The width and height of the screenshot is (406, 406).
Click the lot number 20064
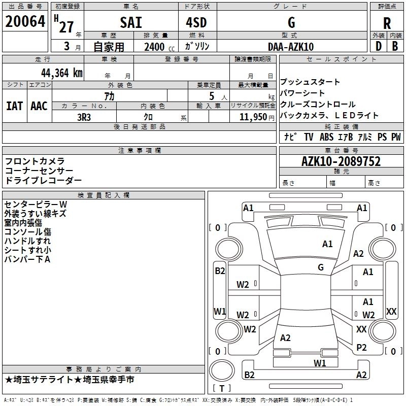[x=24, y=21]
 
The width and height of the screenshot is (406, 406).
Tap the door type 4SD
[x=197, y=23]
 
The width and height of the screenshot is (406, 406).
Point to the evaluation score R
[x=387, y=23]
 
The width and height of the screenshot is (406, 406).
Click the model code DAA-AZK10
[x=291, y=47]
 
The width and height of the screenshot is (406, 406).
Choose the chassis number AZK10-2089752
[x=341, y=161]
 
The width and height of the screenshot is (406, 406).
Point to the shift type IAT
[x=15, y=106]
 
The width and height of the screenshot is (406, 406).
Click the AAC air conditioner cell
[x=39, y=106]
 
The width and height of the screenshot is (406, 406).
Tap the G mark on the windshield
[x=320, y=267]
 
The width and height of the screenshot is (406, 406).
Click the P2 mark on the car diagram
[x=361, y=348]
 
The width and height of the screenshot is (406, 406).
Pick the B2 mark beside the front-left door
[x=220, y=271]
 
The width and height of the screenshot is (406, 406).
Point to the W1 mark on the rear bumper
[x=319, y=363]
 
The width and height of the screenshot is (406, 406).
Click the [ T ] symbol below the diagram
[x=222, y=388]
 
